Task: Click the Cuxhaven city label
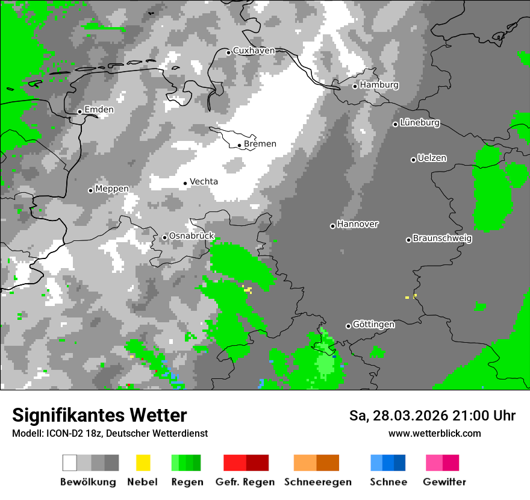(254, 51)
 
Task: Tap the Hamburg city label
(379, 85)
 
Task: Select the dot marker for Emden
(79, 111)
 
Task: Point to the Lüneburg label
(420, 123)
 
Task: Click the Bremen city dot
(239, 145)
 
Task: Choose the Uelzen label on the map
(432, 158)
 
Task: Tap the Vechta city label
(204, 182)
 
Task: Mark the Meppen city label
(112, 189)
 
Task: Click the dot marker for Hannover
(332, 226)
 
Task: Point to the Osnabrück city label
(192, 236)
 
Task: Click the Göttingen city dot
(348, 326)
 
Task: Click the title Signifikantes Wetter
(99, 415)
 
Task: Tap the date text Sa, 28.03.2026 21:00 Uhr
(432, 416)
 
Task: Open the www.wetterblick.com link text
(434, 434)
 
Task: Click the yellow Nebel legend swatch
(143, 463)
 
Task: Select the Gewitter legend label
(444, 482)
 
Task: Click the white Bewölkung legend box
(70, 463)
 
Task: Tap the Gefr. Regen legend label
(245, 482)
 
